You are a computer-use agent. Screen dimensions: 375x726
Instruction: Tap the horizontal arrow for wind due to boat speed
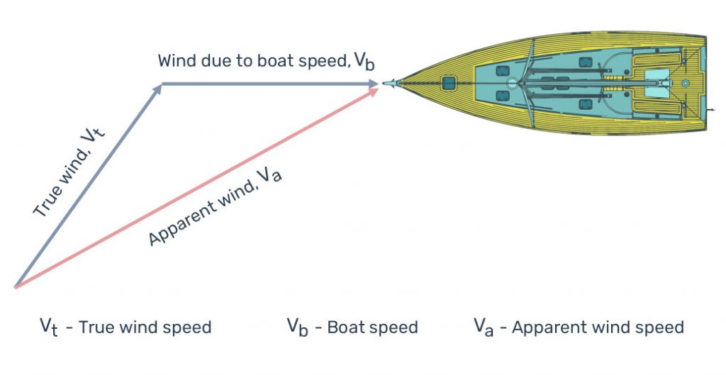269,84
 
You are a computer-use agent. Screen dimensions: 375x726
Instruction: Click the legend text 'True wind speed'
145,328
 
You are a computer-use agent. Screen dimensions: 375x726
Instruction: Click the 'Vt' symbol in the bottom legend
48,328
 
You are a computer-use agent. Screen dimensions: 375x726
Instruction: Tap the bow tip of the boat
385,84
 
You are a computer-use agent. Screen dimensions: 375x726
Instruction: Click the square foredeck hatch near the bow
448,84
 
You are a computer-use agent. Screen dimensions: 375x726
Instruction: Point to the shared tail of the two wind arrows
15,286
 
